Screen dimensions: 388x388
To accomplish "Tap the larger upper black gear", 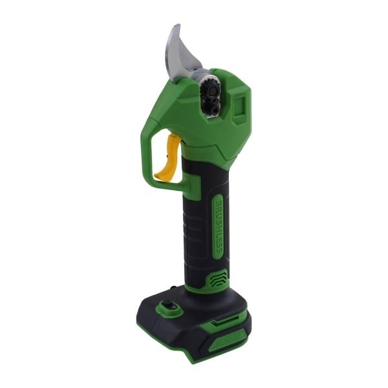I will click(209, 87).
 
